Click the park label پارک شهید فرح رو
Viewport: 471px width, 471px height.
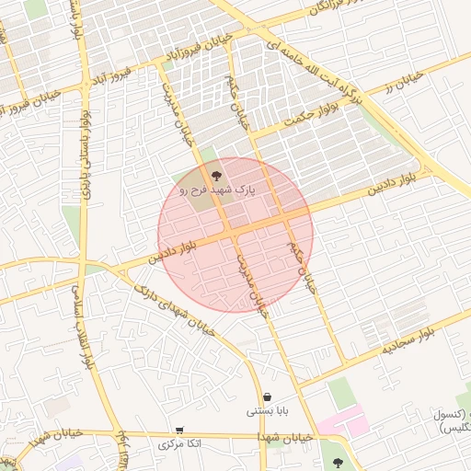click(x=218, y=189)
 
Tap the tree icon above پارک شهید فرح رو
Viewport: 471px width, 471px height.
click(x=216, y=172)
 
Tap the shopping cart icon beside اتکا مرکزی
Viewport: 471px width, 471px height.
click(x=179, y=430)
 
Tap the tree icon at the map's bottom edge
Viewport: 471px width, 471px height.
click(x=338, y=463)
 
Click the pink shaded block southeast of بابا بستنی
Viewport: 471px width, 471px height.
click(x=342, y=424)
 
